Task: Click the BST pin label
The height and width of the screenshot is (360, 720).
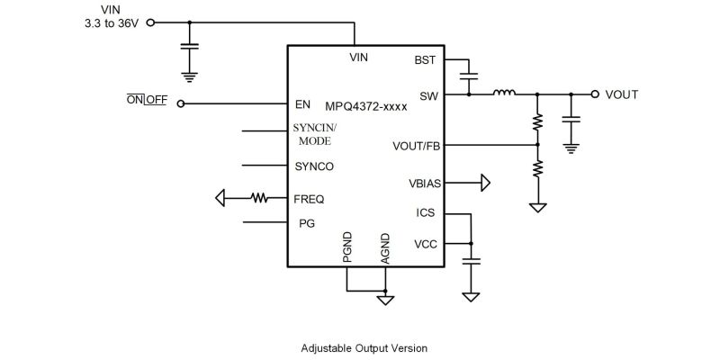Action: pyautogui.click(x=425, y=60)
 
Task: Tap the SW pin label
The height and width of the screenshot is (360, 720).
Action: pyautogui.click(x=427, y=94)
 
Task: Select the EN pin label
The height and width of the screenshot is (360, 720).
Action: pyautogui.click(x=303, y=103)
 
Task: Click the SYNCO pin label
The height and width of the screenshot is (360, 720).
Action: pyautogui.click(x=314, y=166)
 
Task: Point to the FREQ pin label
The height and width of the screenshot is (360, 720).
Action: pyautogui.click(x=310, y=198)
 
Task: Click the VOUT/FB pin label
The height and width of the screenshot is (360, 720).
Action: pyautogui.click(x=417, y=145)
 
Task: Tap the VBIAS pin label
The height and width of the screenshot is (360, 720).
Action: pyautogui.click(x=424, y=184)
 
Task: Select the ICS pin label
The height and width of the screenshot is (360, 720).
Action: pyautogui.click(x=427, y=213)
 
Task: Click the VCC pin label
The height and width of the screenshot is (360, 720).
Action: pyautogui.click(x=426, y=244)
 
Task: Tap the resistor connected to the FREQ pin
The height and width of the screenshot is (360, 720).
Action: pyautogui.click(x=260, y=198)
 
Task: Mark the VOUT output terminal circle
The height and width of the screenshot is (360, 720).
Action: pyautogui.click(x=594, y=93)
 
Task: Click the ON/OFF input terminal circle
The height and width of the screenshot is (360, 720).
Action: pyautogui.click(x=181, y=103)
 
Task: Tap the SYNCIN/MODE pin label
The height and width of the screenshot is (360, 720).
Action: pyautogui.click(x=315, y=135)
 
